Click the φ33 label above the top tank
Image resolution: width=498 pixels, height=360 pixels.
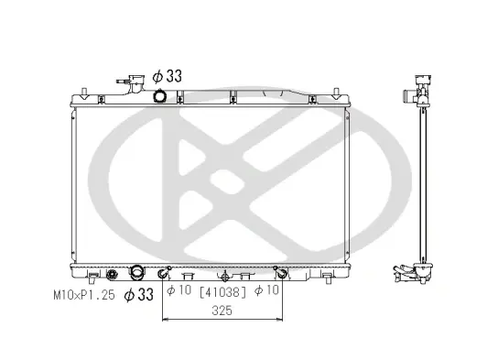pos(168,76)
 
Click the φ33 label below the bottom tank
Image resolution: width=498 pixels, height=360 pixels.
pos(139,295)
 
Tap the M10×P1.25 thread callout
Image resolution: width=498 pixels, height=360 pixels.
pos(84,295)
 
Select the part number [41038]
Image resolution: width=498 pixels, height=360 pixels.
pos(222,291)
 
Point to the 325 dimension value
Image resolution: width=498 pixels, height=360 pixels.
pos(222,311)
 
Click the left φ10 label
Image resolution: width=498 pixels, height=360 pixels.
pos(179,289)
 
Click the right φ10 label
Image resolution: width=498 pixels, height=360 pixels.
pos(266,289)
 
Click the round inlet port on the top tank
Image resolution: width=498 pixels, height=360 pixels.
pos(160,96)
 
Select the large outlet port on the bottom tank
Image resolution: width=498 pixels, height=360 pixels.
pos(137,273)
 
